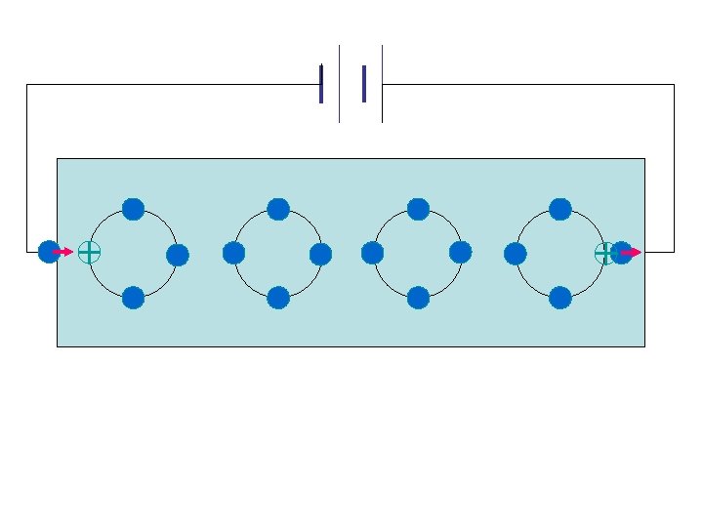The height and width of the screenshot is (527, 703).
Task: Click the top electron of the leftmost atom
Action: (x=133, y=209)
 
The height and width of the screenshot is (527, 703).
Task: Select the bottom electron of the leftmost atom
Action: (x=133, y=298)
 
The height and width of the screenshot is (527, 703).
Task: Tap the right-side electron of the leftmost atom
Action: (x=178, y=256)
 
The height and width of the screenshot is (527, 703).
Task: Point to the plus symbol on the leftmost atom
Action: (x=89, y=252)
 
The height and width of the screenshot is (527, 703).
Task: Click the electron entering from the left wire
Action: (x=47, y=252)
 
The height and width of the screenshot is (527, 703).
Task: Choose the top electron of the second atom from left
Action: (x=278, y=209)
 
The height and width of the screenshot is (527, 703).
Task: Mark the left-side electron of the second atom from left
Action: (x=233, y=254)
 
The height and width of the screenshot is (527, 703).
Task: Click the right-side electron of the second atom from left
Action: (x=321, y=255)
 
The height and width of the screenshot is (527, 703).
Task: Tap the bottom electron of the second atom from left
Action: (x=278, y=298)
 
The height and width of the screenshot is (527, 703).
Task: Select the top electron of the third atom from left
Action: (x=418, y=209)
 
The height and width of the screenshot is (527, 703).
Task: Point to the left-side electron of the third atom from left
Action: (x=372, y=254)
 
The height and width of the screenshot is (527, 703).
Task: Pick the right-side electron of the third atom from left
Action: (x=461, y=253)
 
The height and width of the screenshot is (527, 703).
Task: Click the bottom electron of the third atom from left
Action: (x=418, y=298)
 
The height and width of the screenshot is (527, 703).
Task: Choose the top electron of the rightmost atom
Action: (x=560, y=209)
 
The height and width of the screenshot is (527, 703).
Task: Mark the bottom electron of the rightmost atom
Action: (x=560, y=298)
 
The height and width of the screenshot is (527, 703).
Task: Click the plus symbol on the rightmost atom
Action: (x=605, y=254)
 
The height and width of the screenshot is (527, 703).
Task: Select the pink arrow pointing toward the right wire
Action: (x=632, y=253)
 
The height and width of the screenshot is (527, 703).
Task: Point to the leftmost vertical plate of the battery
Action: (x=321, y=84)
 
